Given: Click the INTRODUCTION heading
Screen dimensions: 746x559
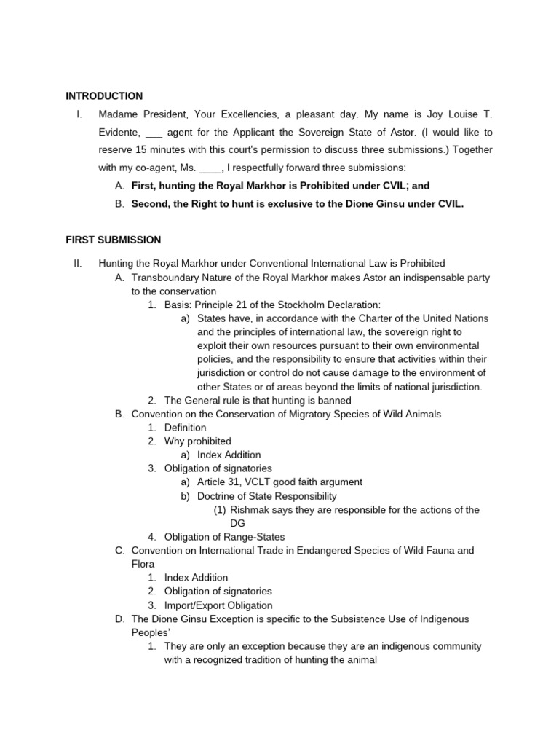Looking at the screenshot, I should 104,96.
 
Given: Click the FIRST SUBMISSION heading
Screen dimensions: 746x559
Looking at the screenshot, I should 113,240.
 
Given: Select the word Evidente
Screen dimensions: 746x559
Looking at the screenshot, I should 119,133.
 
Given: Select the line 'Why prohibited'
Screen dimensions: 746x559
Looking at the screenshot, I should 197,441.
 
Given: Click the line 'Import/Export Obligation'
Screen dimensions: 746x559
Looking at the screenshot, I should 218,605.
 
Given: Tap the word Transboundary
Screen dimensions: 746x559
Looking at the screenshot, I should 164,278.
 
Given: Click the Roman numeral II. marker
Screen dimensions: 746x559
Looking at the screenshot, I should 77,264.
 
